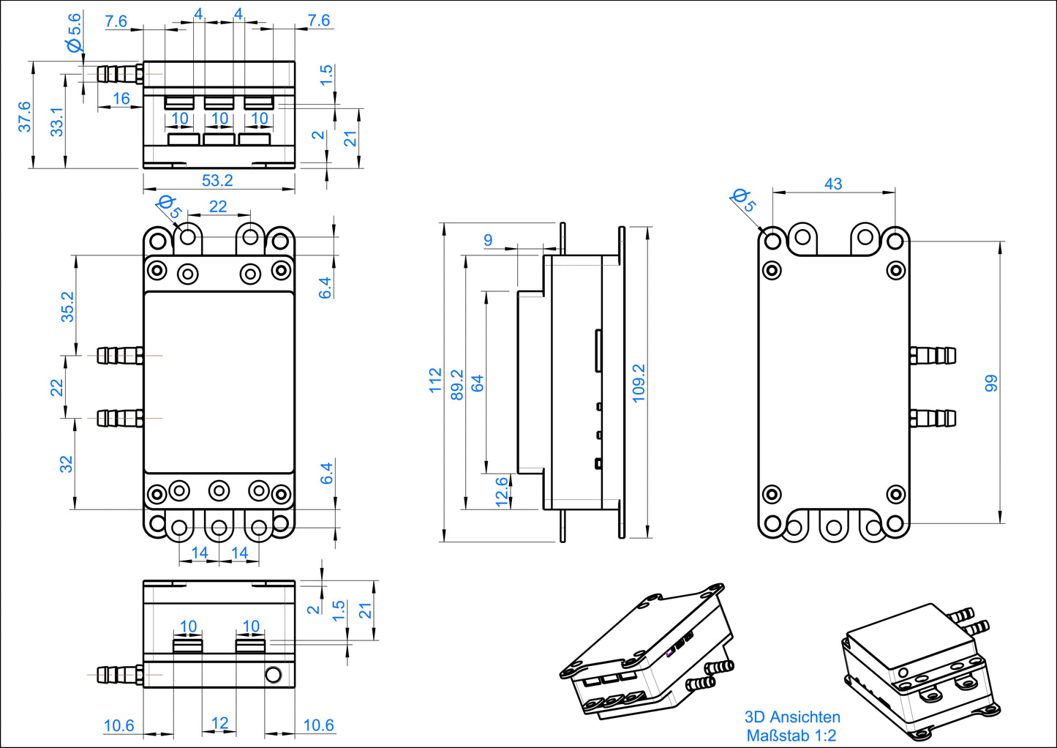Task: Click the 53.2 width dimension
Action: coord(217,180)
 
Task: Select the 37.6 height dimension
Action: coord(24,116)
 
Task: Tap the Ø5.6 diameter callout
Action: coord(75,34)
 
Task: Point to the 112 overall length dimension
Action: coord(436,381)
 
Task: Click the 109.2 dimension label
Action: coord(639,383)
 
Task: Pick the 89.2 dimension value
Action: coord(457,385)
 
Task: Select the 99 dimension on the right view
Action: coord(991,383)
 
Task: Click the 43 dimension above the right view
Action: coord(833,184)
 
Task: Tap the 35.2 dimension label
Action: coord(67,307)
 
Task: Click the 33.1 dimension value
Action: coord(57,121)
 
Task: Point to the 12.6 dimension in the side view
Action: coord(502,492)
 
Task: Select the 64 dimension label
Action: coord(478,383)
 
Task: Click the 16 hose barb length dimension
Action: coord(121,98)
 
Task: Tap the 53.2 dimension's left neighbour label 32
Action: coord(67,464)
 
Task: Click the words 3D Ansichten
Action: coord(792,717)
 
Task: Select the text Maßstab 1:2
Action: coord(791,736)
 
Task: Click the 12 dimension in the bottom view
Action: coord(219,724)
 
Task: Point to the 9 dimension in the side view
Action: coord(488,240)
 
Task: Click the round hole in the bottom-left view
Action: coord(273,674)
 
